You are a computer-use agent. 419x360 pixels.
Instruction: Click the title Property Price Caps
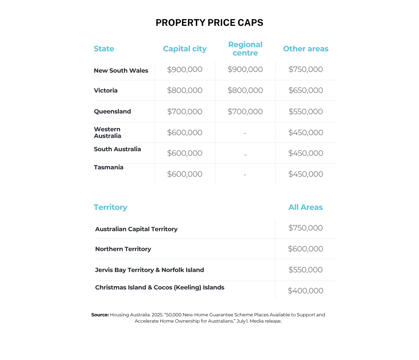[x=209, y=23]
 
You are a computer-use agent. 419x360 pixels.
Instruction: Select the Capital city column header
[x=185, y=49]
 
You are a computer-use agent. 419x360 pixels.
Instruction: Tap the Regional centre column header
[x=245, y=49]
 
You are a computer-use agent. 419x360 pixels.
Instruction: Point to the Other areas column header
[x=306, y=49]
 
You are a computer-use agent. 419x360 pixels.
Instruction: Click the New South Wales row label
[x=121, y=71]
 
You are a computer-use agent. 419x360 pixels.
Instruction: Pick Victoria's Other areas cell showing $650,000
[x=306, y=90]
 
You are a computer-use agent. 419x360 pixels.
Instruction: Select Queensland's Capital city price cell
[x=185, y=112]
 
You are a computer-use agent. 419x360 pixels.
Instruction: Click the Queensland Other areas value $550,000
[x=306, y=112]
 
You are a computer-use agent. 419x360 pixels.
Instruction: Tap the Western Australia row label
[x=108, y=133]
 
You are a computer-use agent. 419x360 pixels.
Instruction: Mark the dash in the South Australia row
[x=245, y=154]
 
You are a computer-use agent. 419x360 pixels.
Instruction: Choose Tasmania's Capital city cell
[x=185, y=174]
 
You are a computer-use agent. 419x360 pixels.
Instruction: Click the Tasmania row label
[x=109, y=168]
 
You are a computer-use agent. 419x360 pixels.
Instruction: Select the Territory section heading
[x=110, y=207]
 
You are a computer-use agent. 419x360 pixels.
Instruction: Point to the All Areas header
[x=306, y=207]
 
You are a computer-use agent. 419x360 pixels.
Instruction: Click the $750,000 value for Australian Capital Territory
[x=306, y=228]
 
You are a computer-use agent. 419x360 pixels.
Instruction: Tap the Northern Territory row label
[x=123, y=249]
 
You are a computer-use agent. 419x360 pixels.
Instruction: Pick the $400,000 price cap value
[x=306, y=291]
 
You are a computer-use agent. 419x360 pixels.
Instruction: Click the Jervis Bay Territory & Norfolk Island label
[x=149, y=270]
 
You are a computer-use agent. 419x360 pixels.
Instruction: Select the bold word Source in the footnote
[x=100, y=315]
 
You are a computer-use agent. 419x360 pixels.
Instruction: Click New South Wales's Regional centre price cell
[x=245, y=69]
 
